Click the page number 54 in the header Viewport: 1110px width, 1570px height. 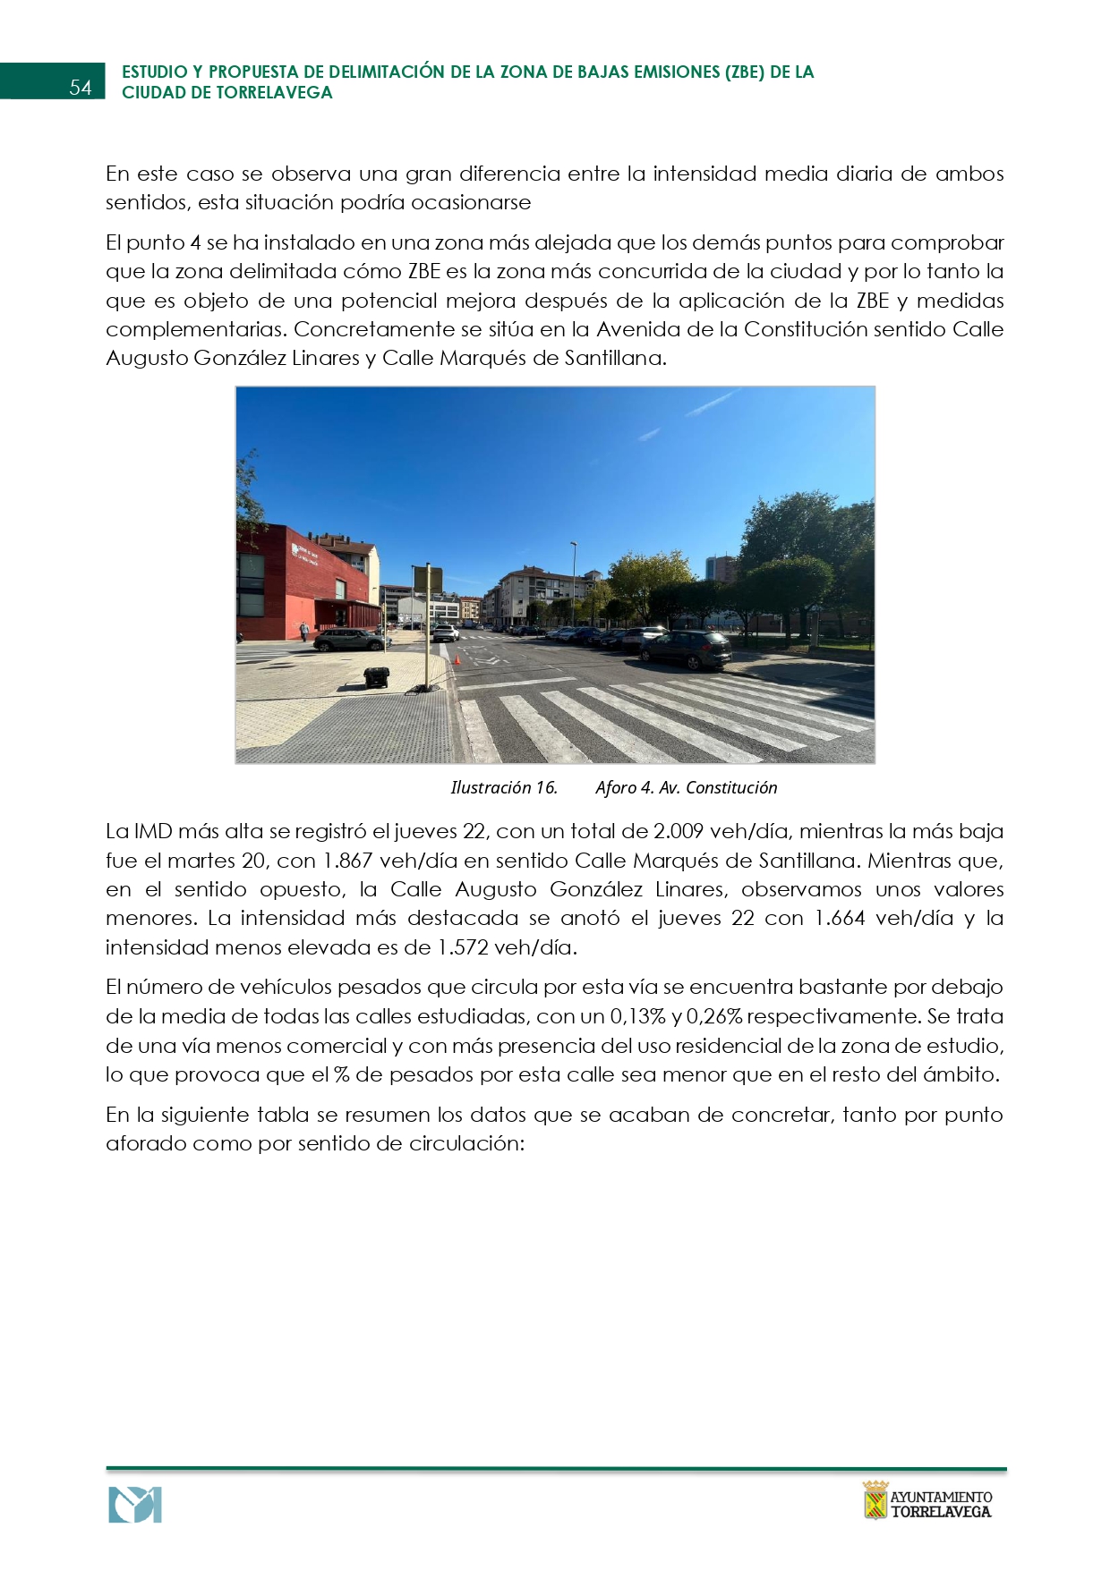(81, 87)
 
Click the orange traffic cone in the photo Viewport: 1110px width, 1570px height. (457, 659)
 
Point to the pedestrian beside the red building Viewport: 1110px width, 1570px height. (304, 632)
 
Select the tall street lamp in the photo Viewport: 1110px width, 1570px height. (574, 581)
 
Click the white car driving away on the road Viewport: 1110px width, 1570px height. (446, 632)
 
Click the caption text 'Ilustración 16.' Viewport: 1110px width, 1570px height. (504, 787)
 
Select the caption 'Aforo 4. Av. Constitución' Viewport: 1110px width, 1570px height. (687, 787)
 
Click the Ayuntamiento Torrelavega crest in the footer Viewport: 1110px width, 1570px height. (875, 1500)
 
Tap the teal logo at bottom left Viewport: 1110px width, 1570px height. (135, 1505)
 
